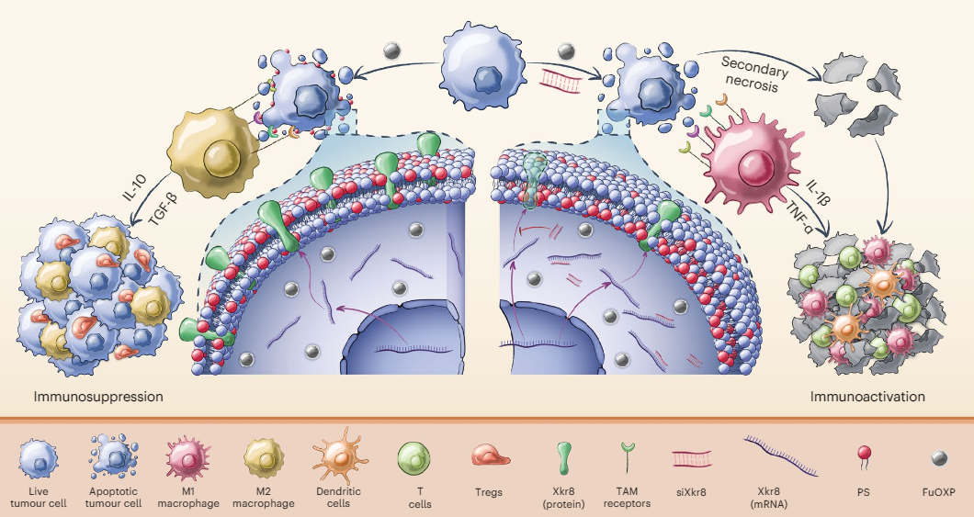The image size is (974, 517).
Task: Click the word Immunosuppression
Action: pyautogui.click(x=98, y=398)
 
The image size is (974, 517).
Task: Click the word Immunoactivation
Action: pyautogui.click(x=867, y=398)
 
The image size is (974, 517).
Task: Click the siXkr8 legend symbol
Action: pyautogui.click(x=691, y=456)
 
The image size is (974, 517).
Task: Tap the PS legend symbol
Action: pyautogui.click(x=864, y=455)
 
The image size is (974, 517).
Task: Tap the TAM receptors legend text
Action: pyautogui.click(x=628, y=498)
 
